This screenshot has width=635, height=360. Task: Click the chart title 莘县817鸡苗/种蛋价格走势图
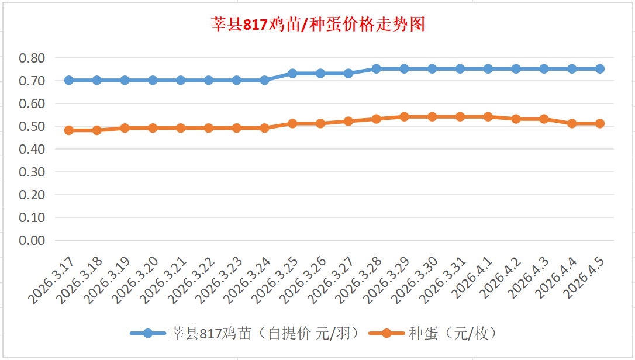tap(317, 25)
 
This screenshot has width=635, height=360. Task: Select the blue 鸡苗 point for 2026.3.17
tap(69, 80)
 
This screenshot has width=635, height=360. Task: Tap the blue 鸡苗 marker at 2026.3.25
tap(292, 74)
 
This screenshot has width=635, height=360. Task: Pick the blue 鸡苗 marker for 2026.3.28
tap(377, 69)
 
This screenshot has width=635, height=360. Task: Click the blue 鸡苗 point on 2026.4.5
tap(600, 69)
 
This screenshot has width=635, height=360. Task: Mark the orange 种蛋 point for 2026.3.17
tap(69, 130)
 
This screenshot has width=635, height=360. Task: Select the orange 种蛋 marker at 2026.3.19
tap(125, 128)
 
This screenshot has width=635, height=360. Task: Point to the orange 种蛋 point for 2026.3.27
tap(348, 121)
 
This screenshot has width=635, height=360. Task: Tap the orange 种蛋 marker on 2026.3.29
tap(404, 117)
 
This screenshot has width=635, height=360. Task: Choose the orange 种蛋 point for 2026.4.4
tap(572, 123)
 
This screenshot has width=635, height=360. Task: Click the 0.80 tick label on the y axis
tap(32, 58)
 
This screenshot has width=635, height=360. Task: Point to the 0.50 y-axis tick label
tap(32, 126)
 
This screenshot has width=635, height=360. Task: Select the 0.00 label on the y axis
tap(32, 240)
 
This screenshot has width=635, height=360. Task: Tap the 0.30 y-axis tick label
tap(32, 172)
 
